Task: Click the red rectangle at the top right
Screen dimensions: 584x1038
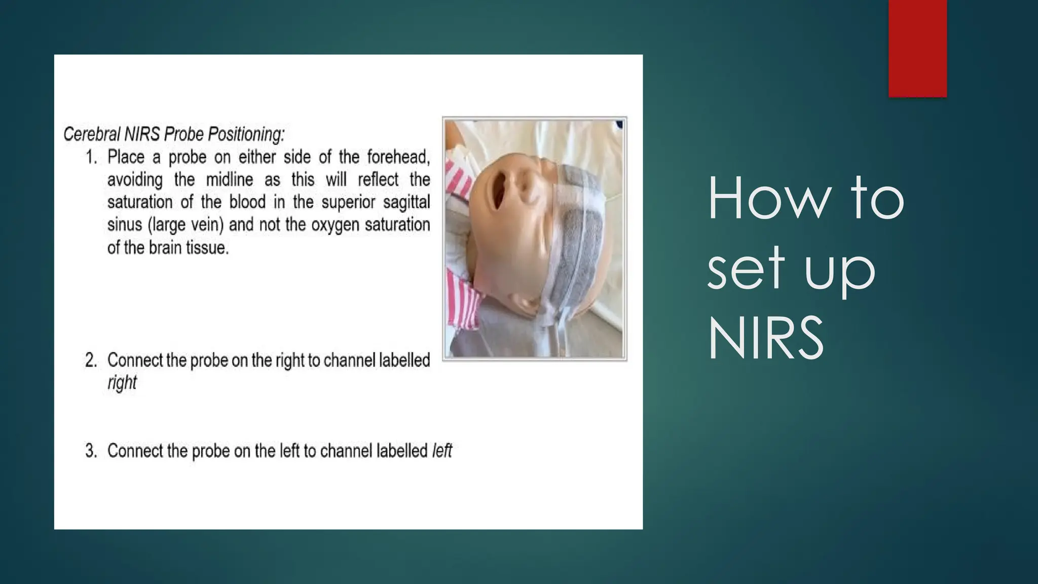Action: click(917, 48)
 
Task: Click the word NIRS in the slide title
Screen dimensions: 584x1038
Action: click(765, 338)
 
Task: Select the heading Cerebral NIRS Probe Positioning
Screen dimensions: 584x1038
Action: click(174, 134)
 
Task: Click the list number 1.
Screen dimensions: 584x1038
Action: click(91, 157)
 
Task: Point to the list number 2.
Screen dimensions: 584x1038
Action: click(91, 360)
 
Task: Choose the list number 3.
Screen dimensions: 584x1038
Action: click(91, 450)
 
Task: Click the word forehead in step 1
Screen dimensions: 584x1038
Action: click(398, 157)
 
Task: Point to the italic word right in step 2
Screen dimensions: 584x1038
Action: click(122, 382)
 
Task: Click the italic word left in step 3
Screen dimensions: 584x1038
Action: click(441, 450)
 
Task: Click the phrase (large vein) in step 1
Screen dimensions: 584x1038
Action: click(186, 224)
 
